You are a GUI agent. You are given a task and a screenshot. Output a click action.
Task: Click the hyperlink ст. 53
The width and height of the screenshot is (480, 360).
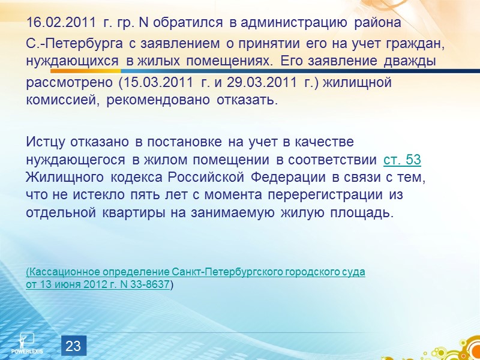[402, 161]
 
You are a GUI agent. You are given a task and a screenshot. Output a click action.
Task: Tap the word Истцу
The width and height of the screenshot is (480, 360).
[46, 142]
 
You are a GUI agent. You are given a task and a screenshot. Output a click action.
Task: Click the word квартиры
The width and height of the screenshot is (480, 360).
[117, 213]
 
